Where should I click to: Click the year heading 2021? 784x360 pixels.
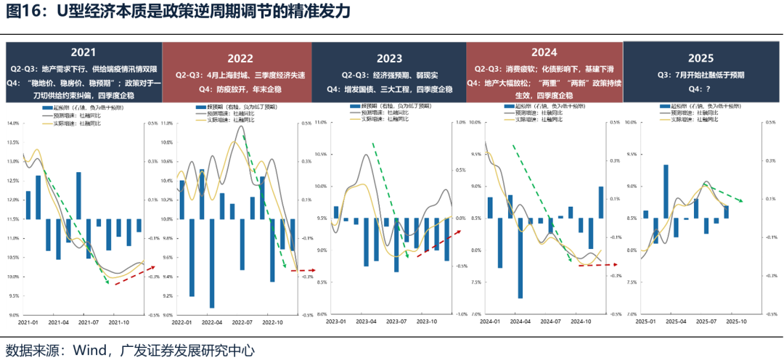[83, 52]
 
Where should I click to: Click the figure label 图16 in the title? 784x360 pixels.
[23, 12]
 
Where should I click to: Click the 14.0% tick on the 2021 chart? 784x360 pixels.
[13, 123]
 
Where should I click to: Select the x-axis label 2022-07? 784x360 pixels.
[242, 322]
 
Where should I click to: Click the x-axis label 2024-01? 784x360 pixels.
[493, 322]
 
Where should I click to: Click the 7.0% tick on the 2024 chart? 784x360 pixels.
[476, 314]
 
